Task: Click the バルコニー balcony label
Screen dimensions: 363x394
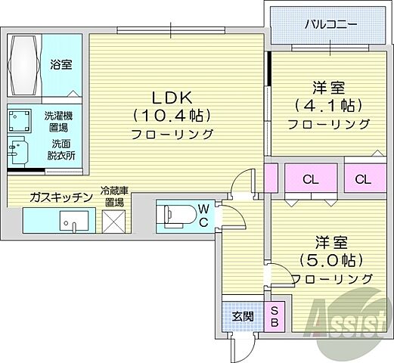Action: pyautogui.click(x=330, y=24)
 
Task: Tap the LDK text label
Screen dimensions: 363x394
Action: pyautogui.click(x=172, y=98)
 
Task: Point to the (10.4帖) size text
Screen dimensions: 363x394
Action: pyautogui.click(x=172, y=116)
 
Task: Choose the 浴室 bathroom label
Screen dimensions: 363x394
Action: pyautogui.click(x=61, y=65)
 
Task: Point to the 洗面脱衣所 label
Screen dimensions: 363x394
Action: pyautogui.click(x=62, y=149)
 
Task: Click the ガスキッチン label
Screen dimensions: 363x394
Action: pyautogui.click(x=61, y=197)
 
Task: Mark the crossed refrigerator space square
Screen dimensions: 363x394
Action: pyautogui.click(x=116, y=220)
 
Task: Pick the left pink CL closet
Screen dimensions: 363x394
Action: pyautogui.click(x=308, y=179)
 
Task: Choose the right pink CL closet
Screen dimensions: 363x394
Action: pyautogui.click(x=362, y=179)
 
